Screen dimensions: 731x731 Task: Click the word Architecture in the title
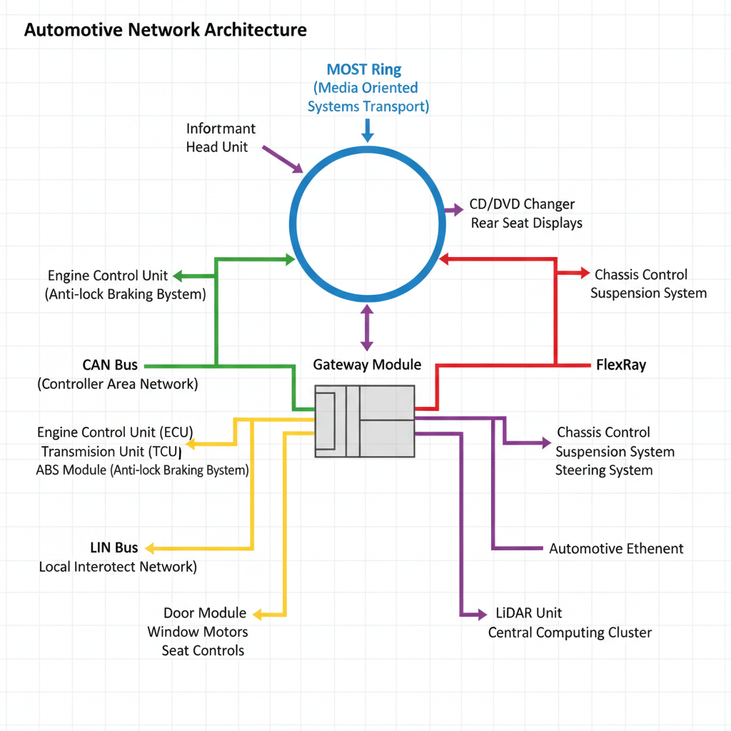pos(256,30)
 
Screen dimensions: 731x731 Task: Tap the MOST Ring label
pos(364,69)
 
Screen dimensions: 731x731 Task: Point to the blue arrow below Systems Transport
pos(368,131)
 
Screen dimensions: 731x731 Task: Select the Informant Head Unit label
pos(221,138)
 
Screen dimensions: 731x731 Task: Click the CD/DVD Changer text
pos(522,204)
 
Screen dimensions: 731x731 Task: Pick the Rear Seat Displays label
pos(526,223)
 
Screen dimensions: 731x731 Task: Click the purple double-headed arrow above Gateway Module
pos(367,327)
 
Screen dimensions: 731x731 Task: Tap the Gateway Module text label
pos(367,365)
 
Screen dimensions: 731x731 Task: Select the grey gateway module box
pos(365,421)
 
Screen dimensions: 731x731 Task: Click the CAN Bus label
pos(110,365)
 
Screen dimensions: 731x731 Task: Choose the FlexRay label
pos(621,365)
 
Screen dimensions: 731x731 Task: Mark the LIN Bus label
pos(114,548)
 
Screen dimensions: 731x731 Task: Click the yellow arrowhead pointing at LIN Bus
pos(151,548)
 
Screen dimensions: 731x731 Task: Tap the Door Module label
pos(205,613)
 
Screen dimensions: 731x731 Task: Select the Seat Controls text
pos(203,650)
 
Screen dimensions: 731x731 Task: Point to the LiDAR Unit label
pos(528,613)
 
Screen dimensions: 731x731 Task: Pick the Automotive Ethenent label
pos(616,549)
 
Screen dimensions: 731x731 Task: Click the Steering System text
pos(604,470)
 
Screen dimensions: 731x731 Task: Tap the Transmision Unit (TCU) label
pos(111,452)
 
